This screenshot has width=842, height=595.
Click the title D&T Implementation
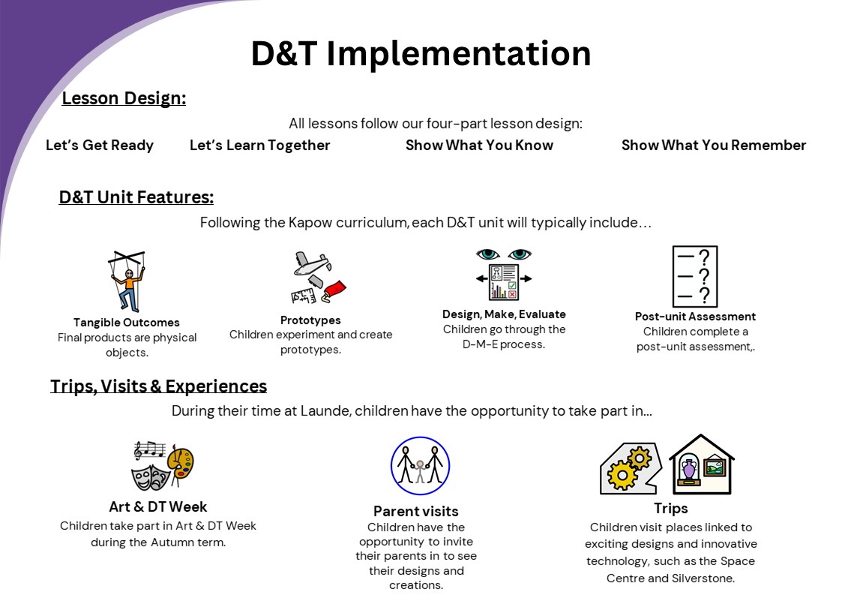tap(421, 53)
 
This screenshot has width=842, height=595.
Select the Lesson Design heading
tap(124, 98)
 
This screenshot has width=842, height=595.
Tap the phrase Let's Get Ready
tap(100, 145)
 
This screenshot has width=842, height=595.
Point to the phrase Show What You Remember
tap(714, 145)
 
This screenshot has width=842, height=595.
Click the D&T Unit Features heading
tap(136, 197)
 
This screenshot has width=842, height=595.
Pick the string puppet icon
tap(127, 281)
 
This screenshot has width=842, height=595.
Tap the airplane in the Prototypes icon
tap(311, 263)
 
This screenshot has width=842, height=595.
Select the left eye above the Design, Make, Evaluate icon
tap(487, 254)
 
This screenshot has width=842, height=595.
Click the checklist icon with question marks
tap(695, 276)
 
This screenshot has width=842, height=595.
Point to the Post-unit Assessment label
tap(695, 317)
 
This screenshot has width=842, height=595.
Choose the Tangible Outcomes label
tap(127, 323)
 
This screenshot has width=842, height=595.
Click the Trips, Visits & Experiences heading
tap(158, 386)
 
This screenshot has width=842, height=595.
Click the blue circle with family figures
tap(420, 466)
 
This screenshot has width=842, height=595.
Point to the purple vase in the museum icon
tap(689, 469)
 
